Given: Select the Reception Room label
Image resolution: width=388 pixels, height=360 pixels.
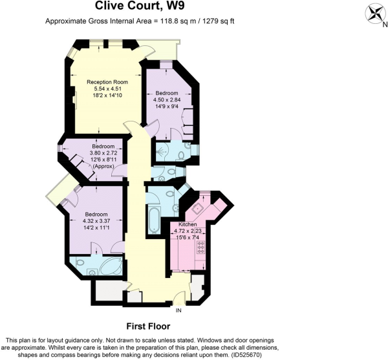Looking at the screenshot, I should (107, 82).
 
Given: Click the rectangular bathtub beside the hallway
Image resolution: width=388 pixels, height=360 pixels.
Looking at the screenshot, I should (155, 220).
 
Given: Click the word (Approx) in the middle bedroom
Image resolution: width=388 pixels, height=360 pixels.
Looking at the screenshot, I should (103, 166).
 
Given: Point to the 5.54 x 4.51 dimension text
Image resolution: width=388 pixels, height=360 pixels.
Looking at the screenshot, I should (107, 89).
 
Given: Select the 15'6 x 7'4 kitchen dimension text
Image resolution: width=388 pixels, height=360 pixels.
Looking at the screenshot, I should (188, 237).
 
